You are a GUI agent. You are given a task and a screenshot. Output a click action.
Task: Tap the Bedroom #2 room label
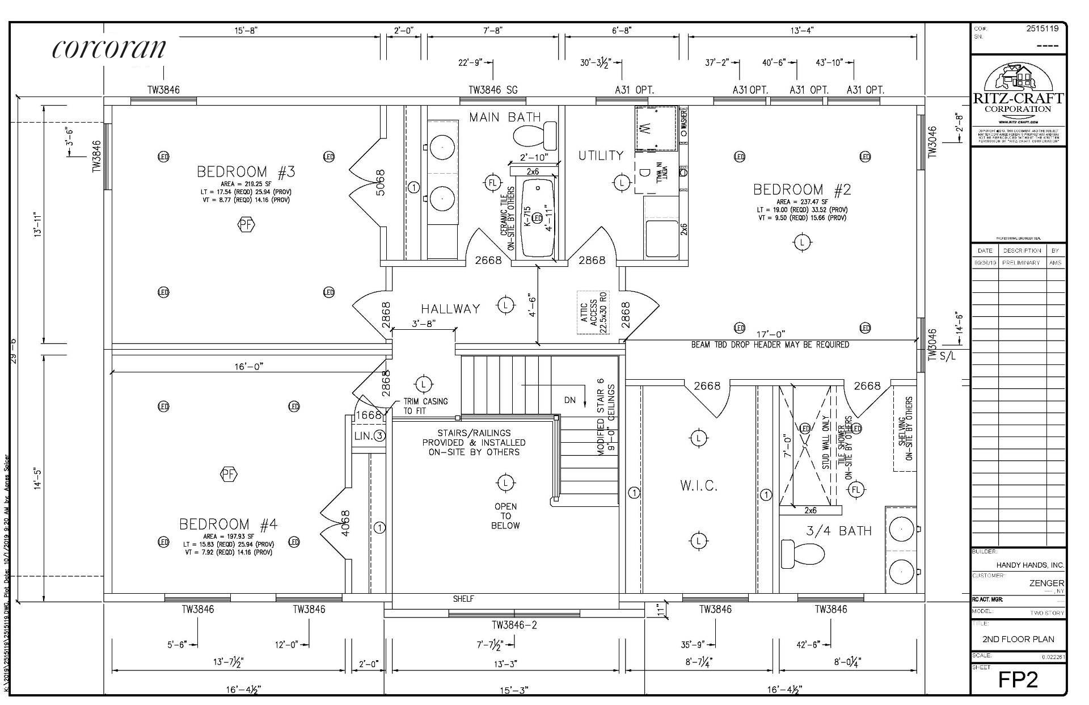[x=802, y=190]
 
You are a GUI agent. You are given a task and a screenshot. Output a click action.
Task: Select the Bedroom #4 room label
[x=229, y=524]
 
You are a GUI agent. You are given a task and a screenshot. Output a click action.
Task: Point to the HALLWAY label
[x=450, y=309]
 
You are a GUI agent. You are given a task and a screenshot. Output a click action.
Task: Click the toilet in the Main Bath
[x=535, y=135]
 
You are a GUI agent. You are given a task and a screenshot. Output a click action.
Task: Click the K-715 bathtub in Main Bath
[x=537, y=218]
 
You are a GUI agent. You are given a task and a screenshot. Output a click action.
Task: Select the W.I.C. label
[x=698, y=486]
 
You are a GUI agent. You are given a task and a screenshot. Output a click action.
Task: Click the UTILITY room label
[x=601, y=156]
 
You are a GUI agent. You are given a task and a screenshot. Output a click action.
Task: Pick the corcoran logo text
[x=109, y=49]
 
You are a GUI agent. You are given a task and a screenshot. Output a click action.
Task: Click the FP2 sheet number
[x=1018, y=679]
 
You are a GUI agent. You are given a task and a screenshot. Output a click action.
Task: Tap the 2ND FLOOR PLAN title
[x=1018, y=639]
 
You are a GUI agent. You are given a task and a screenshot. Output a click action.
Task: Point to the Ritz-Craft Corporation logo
[x=1018, y=94]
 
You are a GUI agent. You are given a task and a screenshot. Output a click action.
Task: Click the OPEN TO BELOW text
[x=505, y=516]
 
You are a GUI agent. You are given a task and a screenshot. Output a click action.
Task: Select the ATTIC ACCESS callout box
[x=593, y=312]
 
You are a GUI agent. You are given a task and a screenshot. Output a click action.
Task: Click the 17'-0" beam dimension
[x=771, y=335]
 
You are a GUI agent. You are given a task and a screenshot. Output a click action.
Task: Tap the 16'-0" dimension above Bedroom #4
[x=249, y=367]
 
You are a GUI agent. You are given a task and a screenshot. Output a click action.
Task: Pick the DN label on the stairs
[x=570, y=400]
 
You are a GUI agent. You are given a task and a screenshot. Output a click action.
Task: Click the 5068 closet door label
[x=380, y=182]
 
